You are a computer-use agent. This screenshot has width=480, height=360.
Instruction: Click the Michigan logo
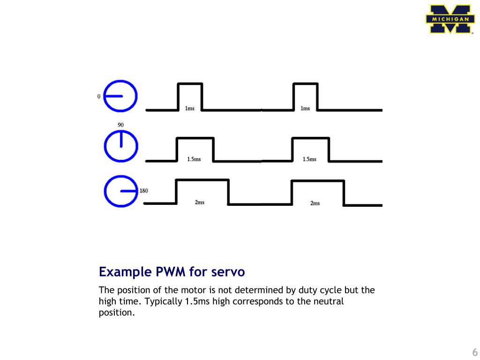[x=449, y=19]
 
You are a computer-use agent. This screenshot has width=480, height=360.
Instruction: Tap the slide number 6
[x=474, y=352]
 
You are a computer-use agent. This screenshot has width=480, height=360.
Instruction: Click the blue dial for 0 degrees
[x=120, y=97]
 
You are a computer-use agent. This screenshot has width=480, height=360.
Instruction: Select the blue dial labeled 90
[x=120, y=146]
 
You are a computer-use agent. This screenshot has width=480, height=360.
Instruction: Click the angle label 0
[x=98, y=97]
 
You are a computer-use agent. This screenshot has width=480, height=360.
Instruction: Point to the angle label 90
[x=120, y=125]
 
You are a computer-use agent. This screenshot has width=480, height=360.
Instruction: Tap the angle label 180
[x=144, y=191]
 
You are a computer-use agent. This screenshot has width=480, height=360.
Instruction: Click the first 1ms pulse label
[x=190, y=108]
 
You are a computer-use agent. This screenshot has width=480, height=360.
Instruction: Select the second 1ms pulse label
[x=305, y=108]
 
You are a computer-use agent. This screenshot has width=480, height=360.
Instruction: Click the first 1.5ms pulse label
[x=194, y=159]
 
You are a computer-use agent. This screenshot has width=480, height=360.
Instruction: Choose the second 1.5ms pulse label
[x=309, y=159]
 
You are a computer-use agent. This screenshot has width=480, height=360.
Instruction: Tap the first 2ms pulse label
[x=199, y=202]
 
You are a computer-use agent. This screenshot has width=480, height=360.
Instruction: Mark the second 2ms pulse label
[x=315, y=203]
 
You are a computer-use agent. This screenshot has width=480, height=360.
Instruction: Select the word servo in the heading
[x=228, y=272]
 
